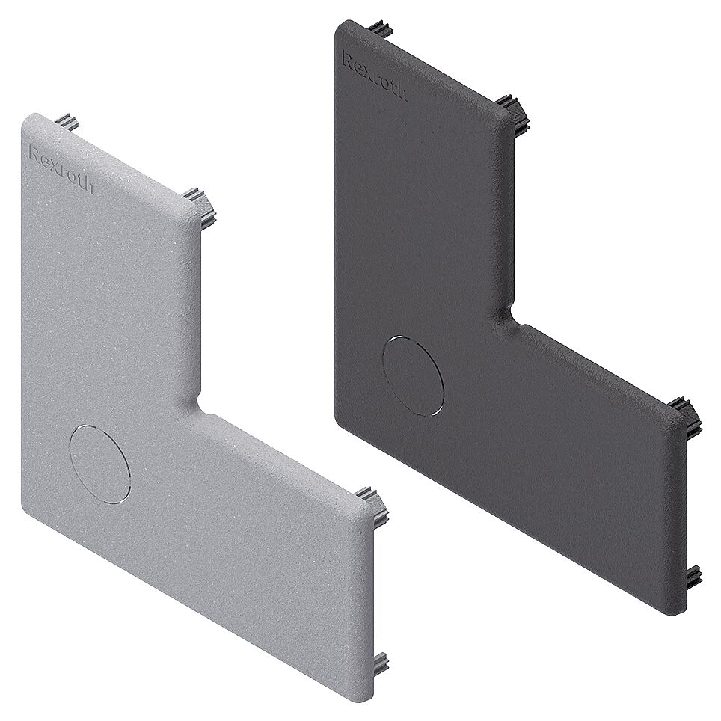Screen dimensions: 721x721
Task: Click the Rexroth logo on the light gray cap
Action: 60,168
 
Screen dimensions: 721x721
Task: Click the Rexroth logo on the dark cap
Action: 374,75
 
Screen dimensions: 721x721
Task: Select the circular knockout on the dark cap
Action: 413,375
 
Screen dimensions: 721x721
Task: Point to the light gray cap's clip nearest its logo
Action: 68,121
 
